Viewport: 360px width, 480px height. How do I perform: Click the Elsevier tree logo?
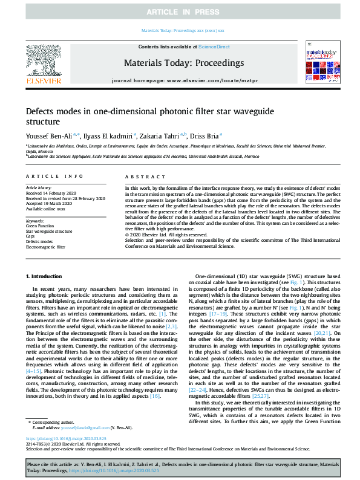[x=43, y=62]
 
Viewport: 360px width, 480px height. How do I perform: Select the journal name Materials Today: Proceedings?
[x=183, y=63]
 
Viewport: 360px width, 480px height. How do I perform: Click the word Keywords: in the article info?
[x=35, y=221]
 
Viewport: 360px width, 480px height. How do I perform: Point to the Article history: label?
[x=39, y=188]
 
